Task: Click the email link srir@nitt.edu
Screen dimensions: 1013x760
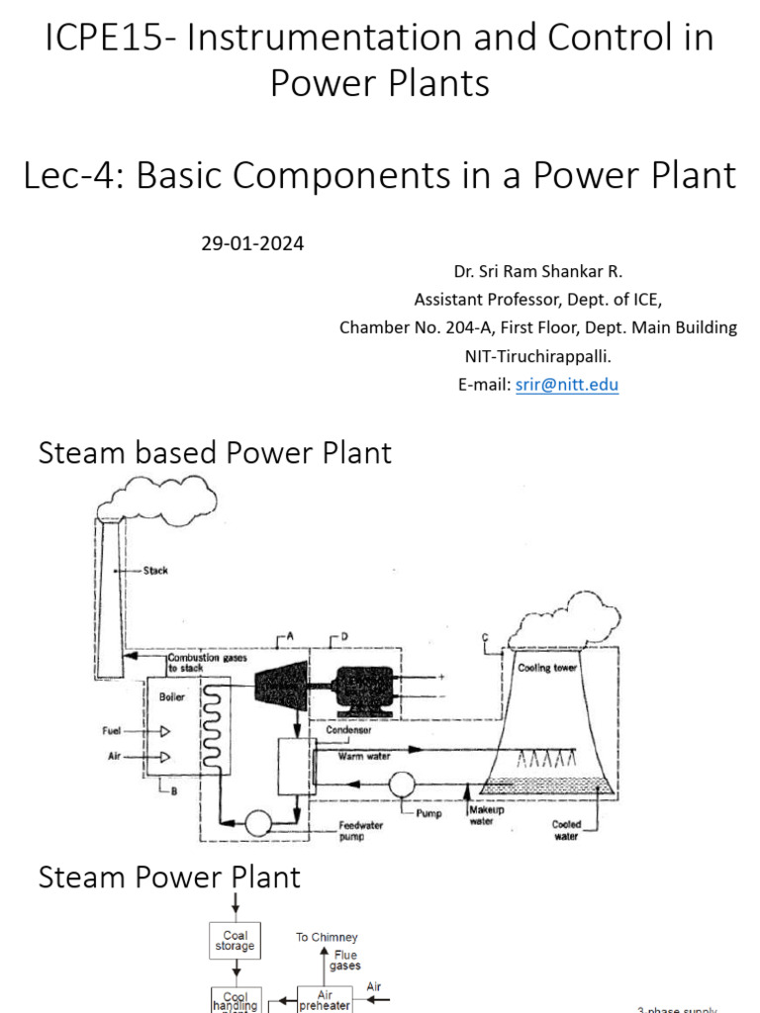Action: point(567,385)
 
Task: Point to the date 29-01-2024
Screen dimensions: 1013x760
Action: point(252,243)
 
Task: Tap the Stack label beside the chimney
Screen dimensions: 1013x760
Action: point(155,571)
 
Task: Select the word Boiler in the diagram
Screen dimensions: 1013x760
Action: point(172,696)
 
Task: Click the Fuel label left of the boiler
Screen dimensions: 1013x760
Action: point(112,731)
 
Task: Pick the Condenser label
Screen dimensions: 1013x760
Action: point(348,731)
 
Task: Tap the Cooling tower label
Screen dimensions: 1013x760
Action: point(547,668)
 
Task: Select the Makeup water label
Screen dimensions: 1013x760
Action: point(486,814)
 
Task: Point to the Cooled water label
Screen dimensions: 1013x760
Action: point(567,830)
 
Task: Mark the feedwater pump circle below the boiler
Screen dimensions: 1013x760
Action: point(260,822)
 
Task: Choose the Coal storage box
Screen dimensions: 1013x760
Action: point(235,941)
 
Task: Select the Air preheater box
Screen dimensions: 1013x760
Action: point(326,1000)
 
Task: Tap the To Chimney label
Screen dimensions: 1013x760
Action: point(327,937)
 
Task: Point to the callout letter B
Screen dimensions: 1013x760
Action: point(174,790)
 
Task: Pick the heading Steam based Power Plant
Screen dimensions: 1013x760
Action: point(215,453)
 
